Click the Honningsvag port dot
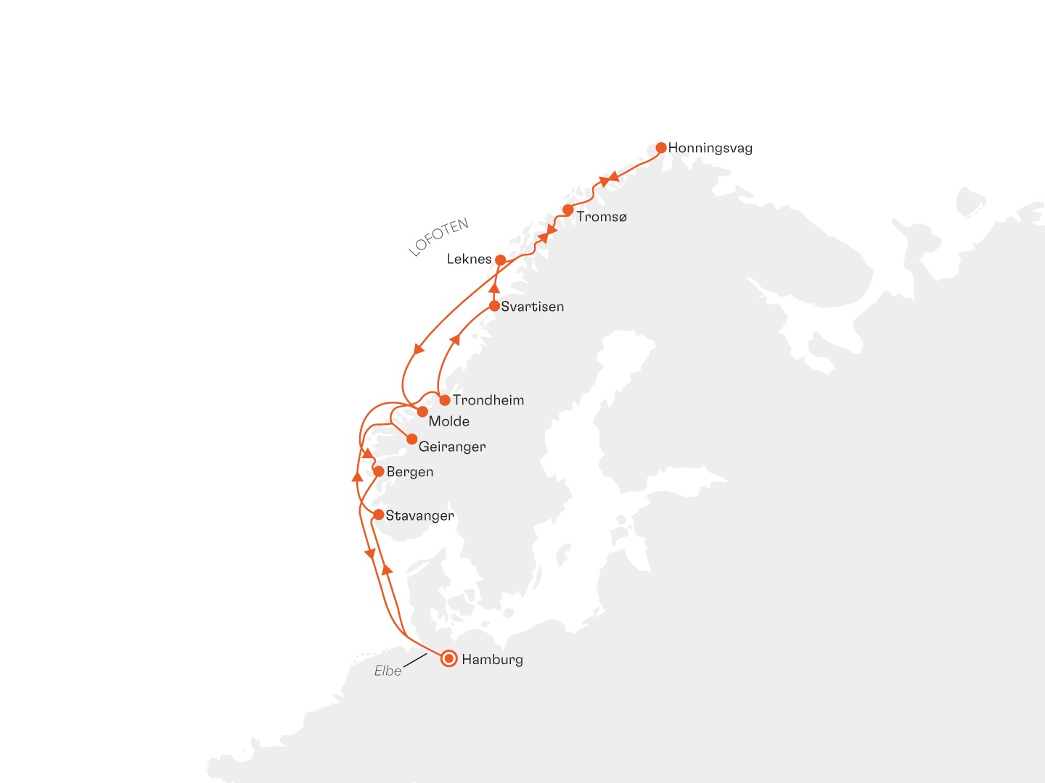point(661,148)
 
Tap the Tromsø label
point(602,217)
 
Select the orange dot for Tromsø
point(568,210)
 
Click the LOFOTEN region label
point(438,237)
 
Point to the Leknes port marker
point(500,260)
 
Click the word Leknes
point(469,259)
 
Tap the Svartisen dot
point(494,306)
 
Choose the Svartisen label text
point(532,307)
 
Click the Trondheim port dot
point(445,400)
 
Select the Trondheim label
point(488,400)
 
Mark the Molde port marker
point(422,412)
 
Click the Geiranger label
point(452,447)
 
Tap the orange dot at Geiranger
point(411,439)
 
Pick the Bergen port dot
point(378,471)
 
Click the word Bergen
point(410,472)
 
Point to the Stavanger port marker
point(378,515)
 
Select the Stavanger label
point(419,516)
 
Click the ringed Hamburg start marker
point(449,658)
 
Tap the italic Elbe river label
point(388,671)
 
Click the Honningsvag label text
point(710,148)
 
